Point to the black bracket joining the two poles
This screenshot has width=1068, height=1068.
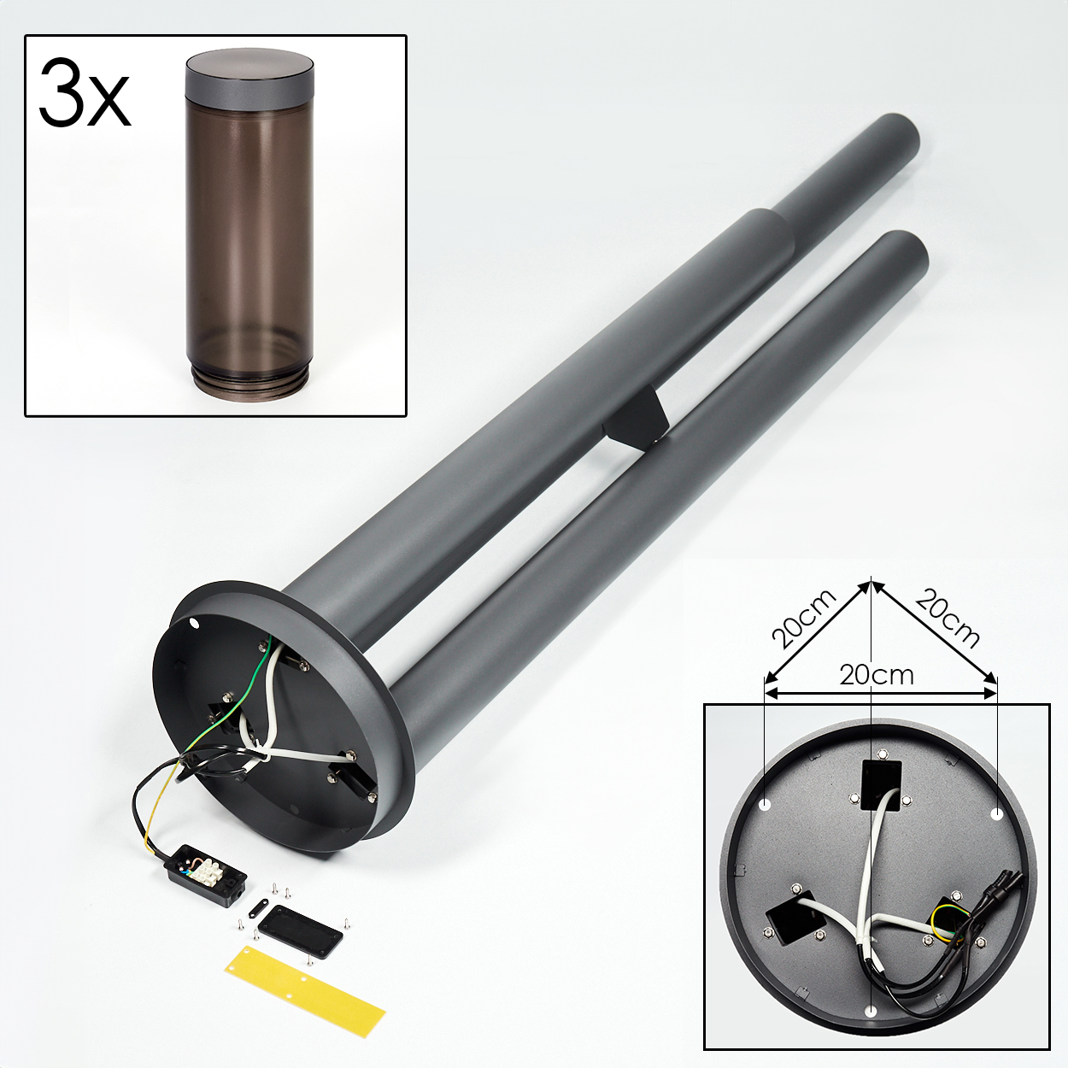tap(637, 419)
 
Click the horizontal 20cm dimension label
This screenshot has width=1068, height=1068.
tap(877, 675)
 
